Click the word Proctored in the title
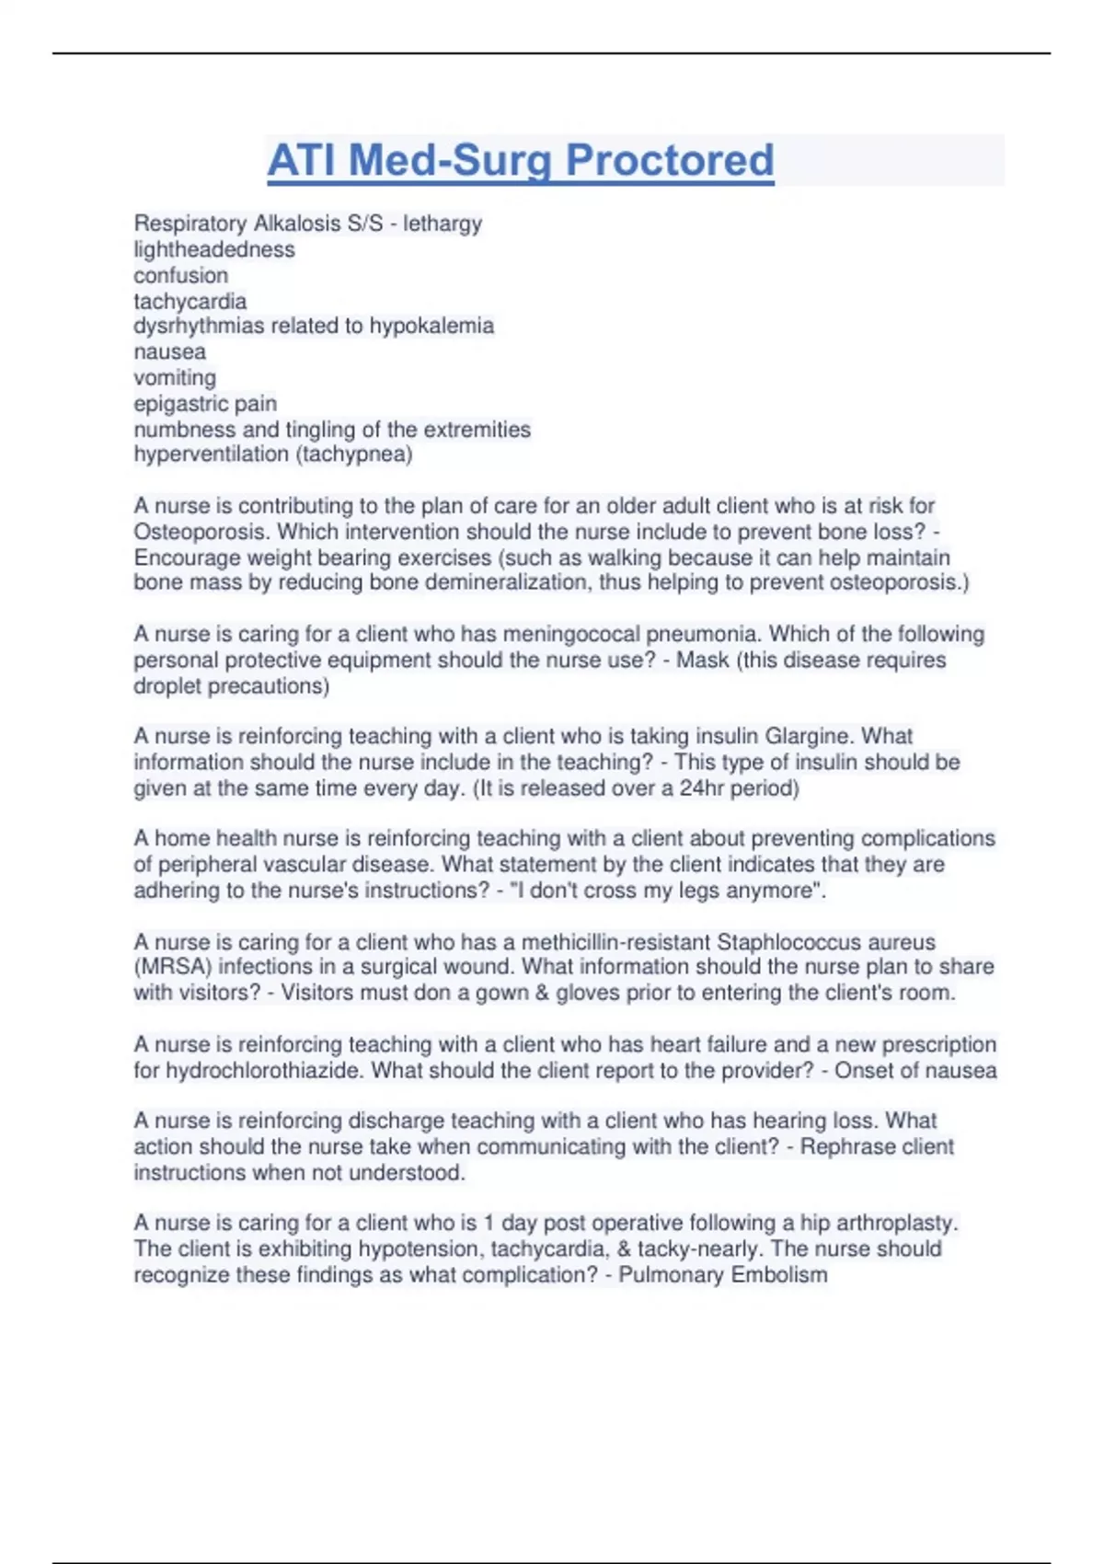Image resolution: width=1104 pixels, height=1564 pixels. coord(670,160)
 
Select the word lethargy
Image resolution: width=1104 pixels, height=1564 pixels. coord(443,224)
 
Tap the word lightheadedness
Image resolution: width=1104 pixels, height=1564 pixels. coord(214,249)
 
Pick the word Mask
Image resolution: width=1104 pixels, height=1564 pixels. coord(702,660)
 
